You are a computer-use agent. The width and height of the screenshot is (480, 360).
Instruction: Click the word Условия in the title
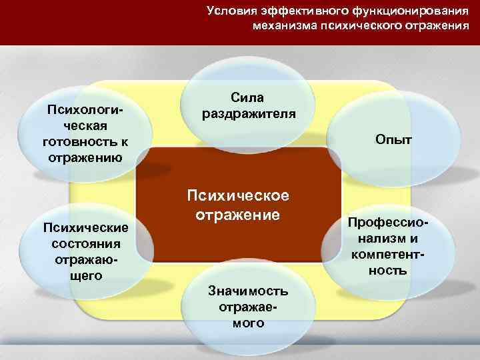229,10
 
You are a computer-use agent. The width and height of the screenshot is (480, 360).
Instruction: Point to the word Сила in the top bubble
249,97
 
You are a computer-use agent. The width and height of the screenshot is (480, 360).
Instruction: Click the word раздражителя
249,112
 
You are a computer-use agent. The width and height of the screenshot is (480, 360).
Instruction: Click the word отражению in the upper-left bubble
85,157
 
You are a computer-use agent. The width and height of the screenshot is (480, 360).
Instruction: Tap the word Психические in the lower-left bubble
85,227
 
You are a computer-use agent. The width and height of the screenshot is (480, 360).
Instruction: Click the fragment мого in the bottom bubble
248,323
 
